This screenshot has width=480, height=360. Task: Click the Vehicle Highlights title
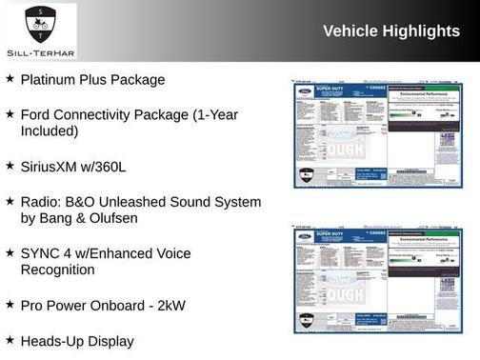coord(391,30)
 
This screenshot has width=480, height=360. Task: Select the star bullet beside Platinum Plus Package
coord(10,79)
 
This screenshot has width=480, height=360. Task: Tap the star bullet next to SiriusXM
coord(10,165)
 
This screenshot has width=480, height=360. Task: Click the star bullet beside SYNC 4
coord(10,252)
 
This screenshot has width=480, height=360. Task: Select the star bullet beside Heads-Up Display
coord(10,339)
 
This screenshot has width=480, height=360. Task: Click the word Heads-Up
coord(52,340)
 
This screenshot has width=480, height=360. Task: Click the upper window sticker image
coord(378,131)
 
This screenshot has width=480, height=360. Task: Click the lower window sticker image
coord(378,281)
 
